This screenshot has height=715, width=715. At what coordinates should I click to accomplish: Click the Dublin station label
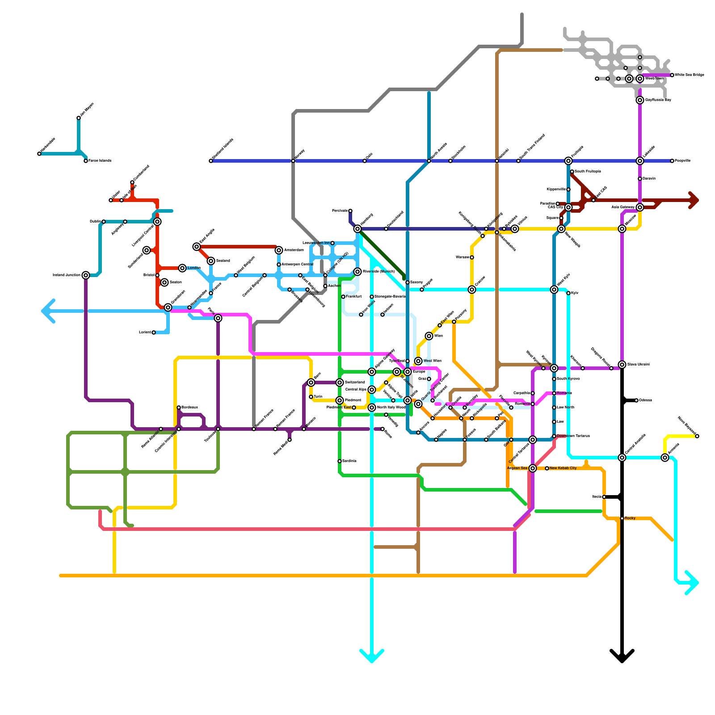95,222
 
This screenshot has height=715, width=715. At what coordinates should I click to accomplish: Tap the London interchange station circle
182,268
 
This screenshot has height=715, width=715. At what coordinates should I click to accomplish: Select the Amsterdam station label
294,250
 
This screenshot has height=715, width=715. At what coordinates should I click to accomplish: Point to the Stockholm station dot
450,161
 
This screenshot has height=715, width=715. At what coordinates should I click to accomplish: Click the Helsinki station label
503,152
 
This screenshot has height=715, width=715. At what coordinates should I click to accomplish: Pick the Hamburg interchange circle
357,229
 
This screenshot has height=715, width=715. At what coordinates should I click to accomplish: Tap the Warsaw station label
462,257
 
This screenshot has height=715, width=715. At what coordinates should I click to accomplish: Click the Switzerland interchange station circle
340,383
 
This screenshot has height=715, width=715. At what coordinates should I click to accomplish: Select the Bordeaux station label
189,408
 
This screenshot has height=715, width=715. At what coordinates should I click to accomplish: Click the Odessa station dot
636,400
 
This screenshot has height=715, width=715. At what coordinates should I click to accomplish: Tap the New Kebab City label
563,468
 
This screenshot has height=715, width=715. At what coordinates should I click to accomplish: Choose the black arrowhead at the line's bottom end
622,657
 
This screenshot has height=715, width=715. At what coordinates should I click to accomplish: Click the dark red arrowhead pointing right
694,200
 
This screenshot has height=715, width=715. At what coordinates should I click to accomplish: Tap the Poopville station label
682,161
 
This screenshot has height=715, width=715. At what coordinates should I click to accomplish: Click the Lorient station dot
154,332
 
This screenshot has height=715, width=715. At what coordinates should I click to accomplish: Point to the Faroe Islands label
100,161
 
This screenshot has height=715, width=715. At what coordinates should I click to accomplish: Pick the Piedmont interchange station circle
340,400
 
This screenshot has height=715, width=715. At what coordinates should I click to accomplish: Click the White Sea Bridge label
689,75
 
